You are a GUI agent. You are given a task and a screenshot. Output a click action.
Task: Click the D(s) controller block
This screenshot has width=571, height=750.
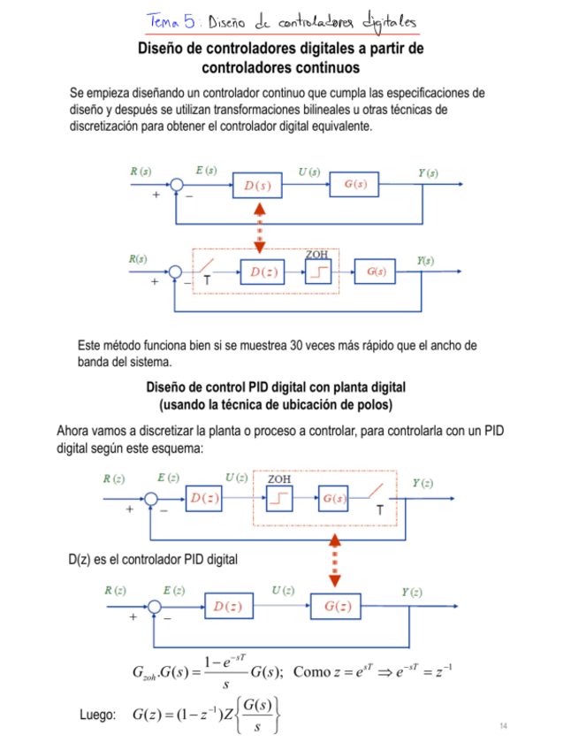(258, 186)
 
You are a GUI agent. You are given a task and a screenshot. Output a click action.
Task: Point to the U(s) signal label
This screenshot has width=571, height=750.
(309, 171)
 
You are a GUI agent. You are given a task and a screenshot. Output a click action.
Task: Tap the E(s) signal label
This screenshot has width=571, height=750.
(206, 171)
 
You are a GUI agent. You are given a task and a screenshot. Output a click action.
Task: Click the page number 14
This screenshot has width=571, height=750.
(503, 726)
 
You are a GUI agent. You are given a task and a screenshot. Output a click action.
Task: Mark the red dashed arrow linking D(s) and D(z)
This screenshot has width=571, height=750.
(260, 227)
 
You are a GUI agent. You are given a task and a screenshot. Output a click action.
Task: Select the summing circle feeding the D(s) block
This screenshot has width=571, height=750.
(177, 186)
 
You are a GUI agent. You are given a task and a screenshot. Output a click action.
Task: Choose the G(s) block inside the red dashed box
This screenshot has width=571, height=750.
(333, 498)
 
